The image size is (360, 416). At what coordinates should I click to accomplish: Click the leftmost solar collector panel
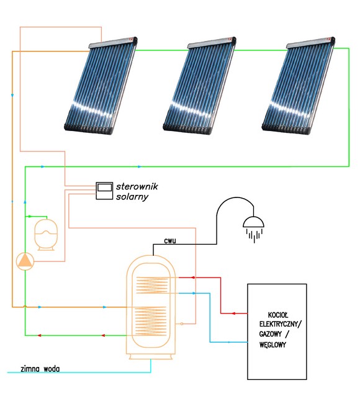(101, 86)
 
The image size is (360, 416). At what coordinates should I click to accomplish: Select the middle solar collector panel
(199, 86)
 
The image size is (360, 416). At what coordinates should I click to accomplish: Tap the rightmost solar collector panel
(299, 86)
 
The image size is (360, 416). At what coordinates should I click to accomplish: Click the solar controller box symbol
(104, 191)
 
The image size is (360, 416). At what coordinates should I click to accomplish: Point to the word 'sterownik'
(137, 186)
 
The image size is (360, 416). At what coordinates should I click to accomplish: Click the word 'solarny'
(132, 197)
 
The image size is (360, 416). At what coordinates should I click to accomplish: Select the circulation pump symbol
(25, 261)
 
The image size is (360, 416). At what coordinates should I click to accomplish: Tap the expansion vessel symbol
(46, 235)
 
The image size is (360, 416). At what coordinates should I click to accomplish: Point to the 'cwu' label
(170, 241)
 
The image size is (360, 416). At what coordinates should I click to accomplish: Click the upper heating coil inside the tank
(152, 285)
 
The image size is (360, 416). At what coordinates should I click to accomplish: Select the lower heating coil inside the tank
(150, 321)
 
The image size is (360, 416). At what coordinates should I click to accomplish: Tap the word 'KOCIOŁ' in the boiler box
(278, 315)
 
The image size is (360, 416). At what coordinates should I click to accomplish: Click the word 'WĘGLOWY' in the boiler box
(272, 345)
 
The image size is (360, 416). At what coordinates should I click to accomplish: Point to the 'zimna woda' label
(40, 369)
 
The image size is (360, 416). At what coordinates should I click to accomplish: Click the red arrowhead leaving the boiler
(233, 314)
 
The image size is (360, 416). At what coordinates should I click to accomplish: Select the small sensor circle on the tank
(182, 323)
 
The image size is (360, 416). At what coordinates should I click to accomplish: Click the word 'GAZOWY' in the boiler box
(270, 334)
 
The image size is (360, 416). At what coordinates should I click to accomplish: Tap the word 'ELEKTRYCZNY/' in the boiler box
(281, 324)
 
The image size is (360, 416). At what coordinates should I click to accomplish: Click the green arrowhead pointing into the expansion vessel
(30, 217)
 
